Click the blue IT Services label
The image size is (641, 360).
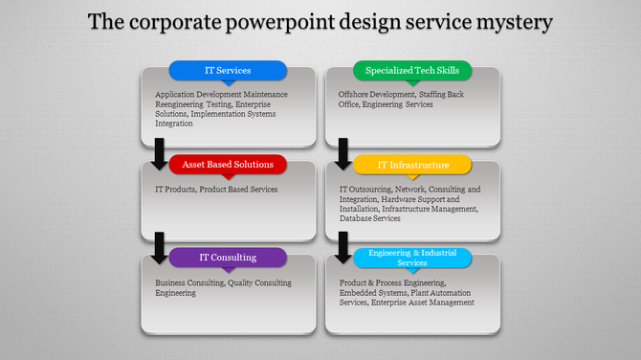[228, 70]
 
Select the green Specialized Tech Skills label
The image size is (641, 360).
[412, 70]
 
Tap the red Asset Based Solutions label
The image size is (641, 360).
[228, 164]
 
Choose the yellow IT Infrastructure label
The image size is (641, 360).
[412, 165]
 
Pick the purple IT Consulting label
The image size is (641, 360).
[228, 258]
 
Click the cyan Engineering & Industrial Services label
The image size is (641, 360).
[412, 258]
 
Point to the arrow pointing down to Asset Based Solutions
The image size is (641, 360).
[159, 153]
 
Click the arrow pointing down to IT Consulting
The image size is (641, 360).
[159, 247]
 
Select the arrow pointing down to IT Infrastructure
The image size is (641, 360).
[343, 153]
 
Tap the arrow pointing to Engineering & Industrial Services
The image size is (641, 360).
[343, 247]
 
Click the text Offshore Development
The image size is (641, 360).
[378, 95]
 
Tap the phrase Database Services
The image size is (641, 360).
[369, 218]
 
